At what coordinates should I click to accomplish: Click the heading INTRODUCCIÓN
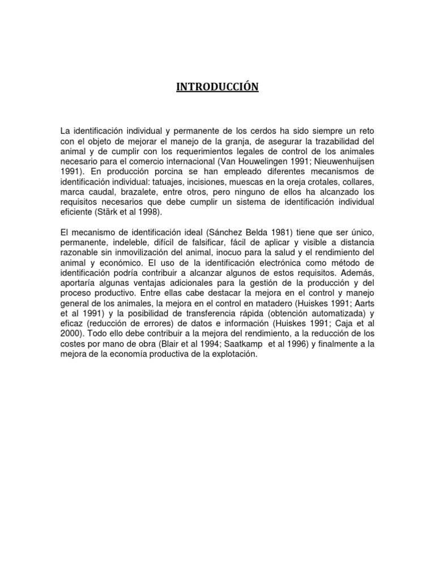click(217, 87)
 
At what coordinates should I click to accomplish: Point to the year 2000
click(71, 334)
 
